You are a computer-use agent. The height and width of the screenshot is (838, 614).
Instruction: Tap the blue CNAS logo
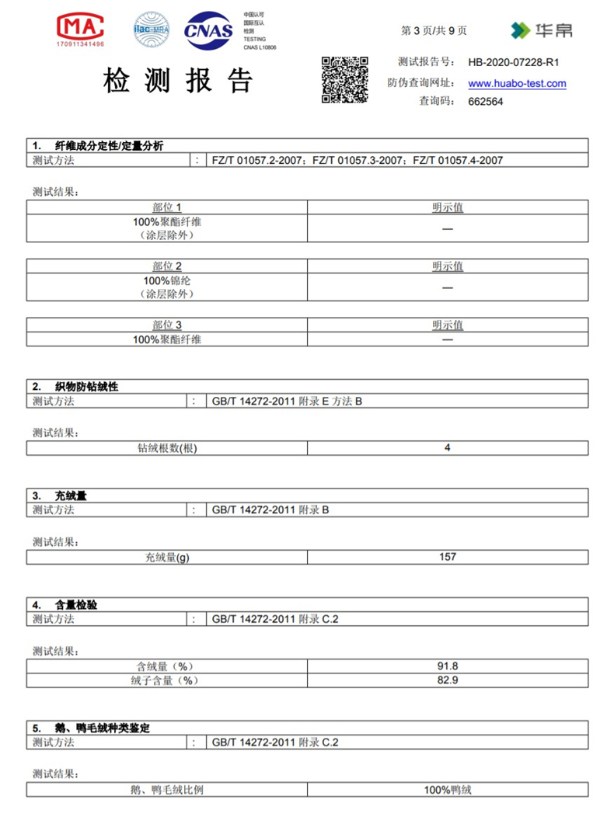pyautogui.click(x=208, y=31)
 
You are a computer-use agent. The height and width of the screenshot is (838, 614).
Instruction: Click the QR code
pyautogui.click(x=344, y=80)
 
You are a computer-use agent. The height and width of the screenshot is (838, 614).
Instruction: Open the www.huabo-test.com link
pyautogui.click(x=517, y=84)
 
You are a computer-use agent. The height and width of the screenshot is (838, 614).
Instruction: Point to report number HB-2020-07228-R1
pyautogui.click(x=514, y=63)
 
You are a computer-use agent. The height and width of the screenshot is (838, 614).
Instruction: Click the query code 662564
pyautogui.click(x=486, y=101)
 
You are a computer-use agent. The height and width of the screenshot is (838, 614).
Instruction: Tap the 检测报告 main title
pyautogui.click(x=179, y=82)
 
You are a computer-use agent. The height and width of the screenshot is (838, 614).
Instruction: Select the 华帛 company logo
pyautogui.click(x=542, y=31)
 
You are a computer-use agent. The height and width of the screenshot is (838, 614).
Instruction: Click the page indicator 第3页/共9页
pyautogui.click(x=434, y=31)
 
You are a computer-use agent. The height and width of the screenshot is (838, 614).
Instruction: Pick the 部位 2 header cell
pyautogui.click(x=167, y=266)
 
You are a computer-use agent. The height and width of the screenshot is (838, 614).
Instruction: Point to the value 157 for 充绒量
pyautogui.click(x=447, y=557)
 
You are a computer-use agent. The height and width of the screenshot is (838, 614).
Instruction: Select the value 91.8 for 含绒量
pyautogui.click(x=447, y=666)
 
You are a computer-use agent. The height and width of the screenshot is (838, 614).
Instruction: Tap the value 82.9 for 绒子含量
pyautogui.click(x=447, y=680)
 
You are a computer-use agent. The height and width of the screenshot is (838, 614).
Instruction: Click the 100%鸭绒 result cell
pyautogui.click(x=447, y=790)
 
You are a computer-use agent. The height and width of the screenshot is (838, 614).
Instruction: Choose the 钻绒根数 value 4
pyautogui.click(x=447, y=447)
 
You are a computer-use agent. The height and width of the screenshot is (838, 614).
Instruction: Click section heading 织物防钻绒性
pyautogui.click(x=86, y=386)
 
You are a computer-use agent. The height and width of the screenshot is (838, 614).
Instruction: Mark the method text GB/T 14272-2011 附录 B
pyautogui.click(x=270, y=510)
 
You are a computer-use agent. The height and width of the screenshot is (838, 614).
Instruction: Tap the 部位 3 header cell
pyautogui.click(x=167, y=325)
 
